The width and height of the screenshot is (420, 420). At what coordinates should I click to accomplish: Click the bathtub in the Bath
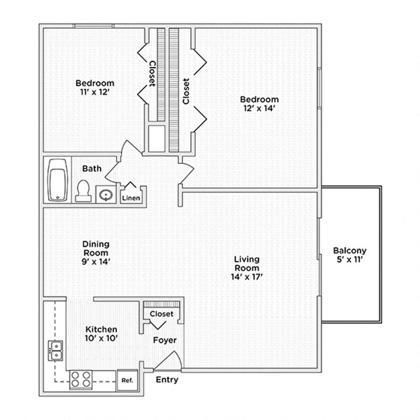58,180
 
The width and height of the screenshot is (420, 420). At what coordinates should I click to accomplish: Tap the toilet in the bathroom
83,191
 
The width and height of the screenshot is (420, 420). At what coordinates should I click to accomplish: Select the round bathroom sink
104,195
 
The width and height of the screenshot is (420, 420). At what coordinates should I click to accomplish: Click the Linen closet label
131,198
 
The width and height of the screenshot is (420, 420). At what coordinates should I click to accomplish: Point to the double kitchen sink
55,350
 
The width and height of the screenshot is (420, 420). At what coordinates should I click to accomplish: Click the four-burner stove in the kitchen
80,379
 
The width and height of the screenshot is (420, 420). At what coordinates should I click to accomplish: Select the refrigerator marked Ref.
127,380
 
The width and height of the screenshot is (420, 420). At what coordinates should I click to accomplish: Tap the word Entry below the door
167,380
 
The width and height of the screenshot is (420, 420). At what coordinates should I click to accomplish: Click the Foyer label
165,340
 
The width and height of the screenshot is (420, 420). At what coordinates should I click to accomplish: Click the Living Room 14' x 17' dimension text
247,276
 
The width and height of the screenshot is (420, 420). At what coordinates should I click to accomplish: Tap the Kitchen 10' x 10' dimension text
101,338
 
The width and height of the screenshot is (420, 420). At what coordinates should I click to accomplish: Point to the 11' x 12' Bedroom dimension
94,92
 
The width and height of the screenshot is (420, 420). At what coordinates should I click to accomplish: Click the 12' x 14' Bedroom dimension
259,108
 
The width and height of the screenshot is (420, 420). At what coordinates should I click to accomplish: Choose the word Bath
92,168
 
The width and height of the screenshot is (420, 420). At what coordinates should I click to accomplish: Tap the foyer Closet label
161,314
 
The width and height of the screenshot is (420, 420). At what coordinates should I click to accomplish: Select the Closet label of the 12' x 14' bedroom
186,91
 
